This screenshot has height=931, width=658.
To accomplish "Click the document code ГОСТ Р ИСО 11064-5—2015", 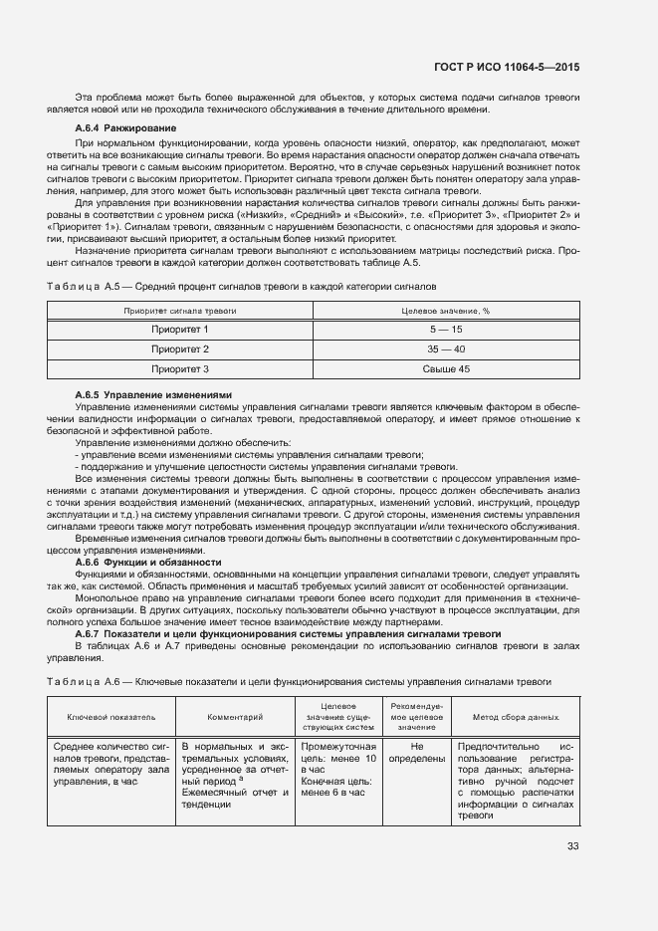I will pos(507,67).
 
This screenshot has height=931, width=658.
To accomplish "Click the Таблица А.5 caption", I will pos(241,286).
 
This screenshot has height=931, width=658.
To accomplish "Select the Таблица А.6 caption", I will pos(299,681).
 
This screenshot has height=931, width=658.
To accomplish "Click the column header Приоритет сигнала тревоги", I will pos(180,311).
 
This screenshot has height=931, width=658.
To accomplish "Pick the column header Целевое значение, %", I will pos(446,311).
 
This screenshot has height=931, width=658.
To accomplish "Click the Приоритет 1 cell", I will pos(180,330).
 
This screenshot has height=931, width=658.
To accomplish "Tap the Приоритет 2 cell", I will pos(180,349).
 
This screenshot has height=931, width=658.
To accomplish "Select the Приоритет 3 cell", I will pos(180,369).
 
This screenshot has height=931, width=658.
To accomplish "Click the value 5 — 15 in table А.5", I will pos(446,330).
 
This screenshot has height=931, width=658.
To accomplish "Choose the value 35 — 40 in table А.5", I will pos(446,349).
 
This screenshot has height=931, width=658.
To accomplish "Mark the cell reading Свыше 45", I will pos(446,369).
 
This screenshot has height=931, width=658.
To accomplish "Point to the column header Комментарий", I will pos(235,716).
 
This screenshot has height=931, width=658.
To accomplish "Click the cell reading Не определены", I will pos(417,752).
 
